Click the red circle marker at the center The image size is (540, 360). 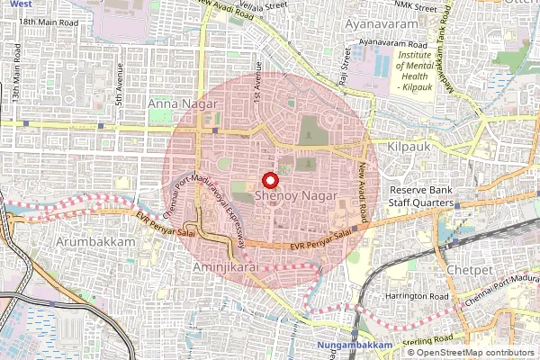point(269,180)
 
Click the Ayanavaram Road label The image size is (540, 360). point(391,42)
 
